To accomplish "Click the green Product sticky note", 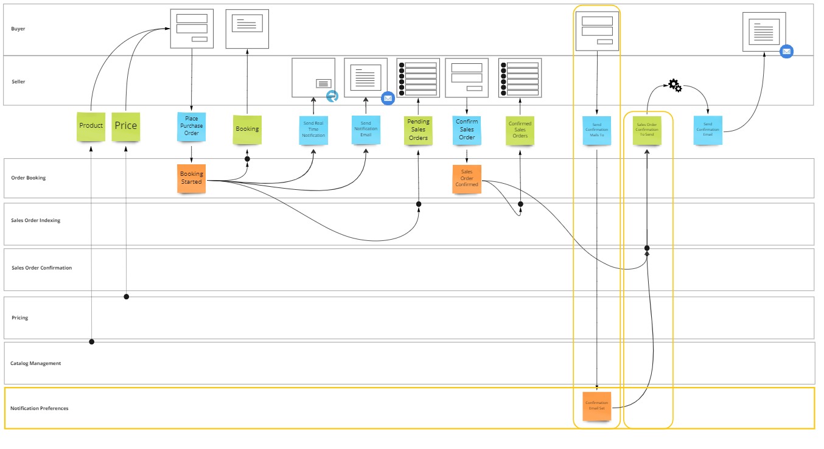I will (x=91, y=127).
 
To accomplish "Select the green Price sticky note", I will (x=125, y=127).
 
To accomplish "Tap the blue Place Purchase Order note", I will (x=192, y=127).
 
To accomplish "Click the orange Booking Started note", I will (x=192, y=178).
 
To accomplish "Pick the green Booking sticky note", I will (x=247, y=130).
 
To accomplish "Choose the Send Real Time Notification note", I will (x=313, y=130).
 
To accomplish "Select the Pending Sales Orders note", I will (x=418, y=130).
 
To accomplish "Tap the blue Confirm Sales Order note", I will (x=467, y=130).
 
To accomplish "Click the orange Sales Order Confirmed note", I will (x=467, y=179).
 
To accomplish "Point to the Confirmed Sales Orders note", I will (x=520, y=130).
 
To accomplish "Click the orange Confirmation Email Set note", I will (x=596, y=406).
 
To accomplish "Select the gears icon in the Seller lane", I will (x=675, y=86).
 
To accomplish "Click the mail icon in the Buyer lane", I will (x=786, y=52).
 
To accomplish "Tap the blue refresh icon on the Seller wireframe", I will (x=332, y=96).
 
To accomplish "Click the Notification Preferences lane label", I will (x=39, y=408).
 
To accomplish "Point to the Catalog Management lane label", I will (x=35, y=363).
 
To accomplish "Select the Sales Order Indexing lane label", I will (x=35, y=220).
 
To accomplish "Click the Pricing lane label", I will (x=19, y=318).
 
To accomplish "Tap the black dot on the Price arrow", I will (x=127, y=297).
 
